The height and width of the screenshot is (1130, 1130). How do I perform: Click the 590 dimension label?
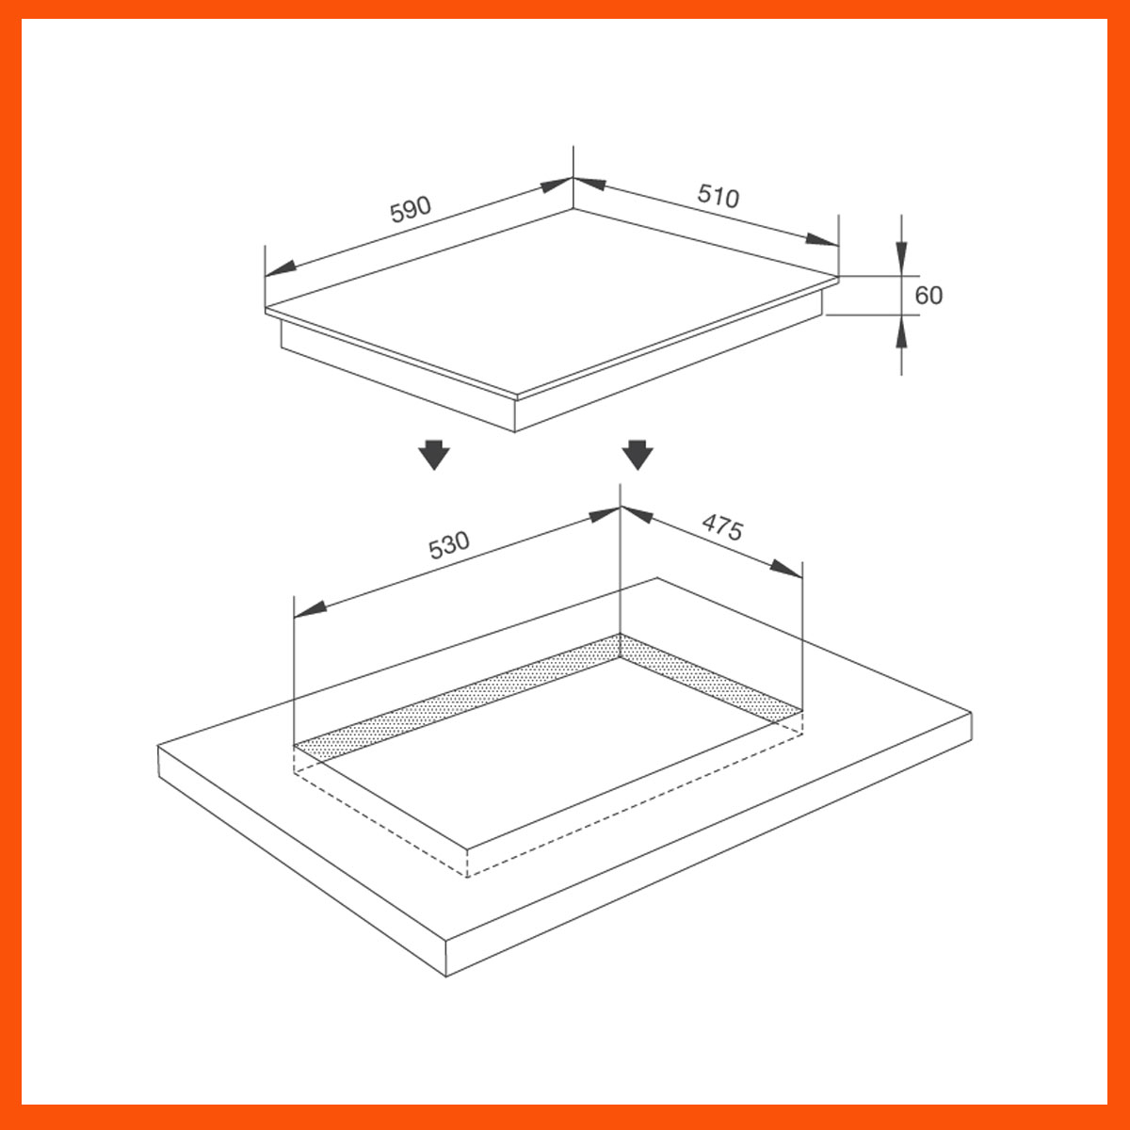[x=411, y=209]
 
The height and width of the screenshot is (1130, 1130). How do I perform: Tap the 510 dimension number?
[x=718, y=196]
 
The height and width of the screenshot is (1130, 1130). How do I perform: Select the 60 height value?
[x=928, y=296]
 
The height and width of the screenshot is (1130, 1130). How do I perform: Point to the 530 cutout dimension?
[x=448, y=545]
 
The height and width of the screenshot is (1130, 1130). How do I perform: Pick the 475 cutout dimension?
[x=722, y=528]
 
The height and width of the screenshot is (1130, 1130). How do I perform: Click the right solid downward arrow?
[x=638, y=454]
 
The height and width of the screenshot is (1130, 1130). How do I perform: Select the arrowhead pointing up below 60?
[x=901, y=331]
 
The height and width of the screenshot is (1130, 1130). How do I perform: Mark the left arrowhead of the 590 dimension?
[x=280, y=268]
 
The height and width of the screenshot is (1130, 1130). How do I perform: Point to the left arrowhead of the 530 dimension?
[x=310, y=609]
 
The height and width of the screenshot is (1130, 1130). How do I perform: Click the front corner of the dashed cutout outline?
[x=468, y=876]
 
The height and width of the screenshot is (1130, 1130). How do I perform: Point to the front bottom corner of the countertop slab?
[x=446, y=976]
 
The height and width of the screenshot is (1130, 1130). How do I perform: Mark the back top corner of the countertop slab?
[x=656, y=578]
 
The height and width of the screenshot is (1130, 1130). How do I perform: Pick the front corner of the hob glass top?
[x=515, y=395]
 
